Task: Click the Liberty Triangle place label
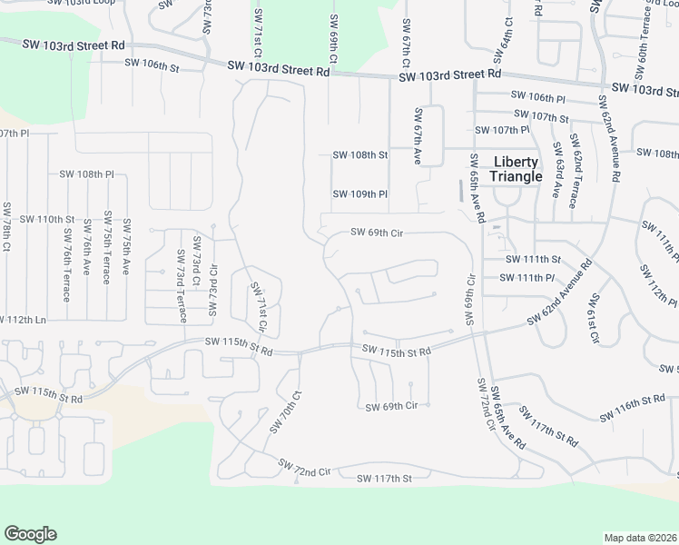(516, 169)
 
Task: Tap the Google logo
(30, 534)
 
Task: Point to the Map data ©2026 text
(641, 537)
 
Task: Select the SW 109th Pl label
(360, 194)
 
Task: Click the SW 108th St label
(360, 155)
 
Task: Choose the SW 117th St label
(384, 478)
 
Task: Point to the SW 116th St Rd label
(632, 408)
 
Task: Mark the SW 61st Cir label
(595, 319)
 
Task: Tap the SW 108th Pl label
(87, 173)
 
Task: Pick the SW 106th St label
(153, 65)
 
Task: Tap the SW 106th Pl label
(538, 97)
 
